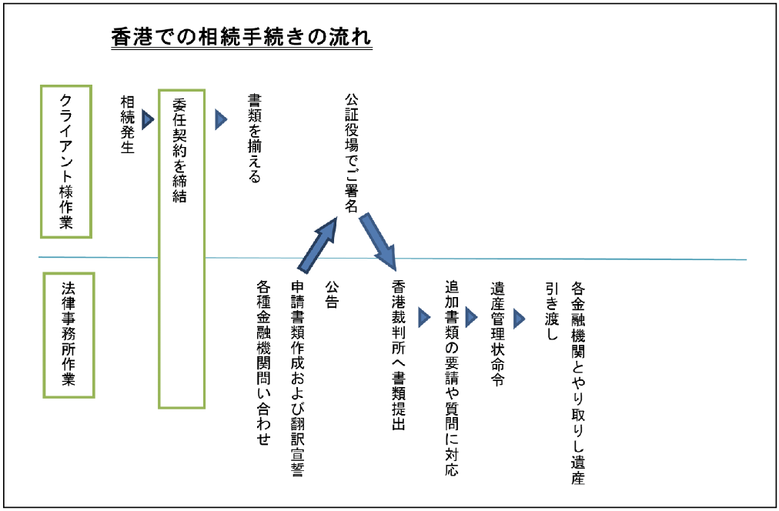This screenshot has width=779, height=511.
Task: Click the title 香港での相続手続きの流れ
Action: [x=242, y=38]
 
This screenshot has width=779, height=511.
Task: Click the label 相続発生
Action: [x=128, y=124]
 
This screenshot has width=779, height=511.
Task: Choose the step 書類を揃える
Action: [x=254, y=139]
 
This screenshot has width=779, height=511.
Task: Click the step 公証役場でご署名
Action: [x=351, y=152]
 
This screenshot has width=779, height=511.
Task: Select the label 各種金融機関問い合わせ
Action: [x=263, y=362]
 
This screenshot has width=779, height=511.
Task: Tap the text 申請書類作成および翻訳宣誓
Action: [x=298, y=379]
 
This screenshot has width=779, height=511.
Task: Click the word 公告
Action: [x=332, y=295]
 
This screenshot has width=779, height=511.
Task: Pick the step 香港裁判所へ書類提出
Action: [x=399, y=355]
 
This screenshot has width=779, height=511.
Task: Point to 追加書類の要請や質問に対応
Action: [x=452, y=378]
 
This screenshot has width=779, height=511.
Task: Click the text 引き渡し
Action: [x=552, y=311]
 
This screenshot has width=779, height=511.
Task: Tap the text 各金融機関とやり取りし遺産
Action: [x=578, y=383]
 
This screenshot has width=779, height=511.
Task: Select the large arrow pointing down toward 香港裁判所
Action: [x=378, y=242]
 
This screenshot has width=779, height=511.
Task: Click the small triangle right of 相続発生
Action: [x=148, y=119]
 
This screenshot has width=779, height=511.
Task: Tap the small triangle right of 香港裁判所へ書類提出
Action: [x=424, y=317]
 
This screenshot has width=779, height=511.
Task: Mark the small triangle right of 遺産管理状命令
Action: [x=519, y=319]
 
